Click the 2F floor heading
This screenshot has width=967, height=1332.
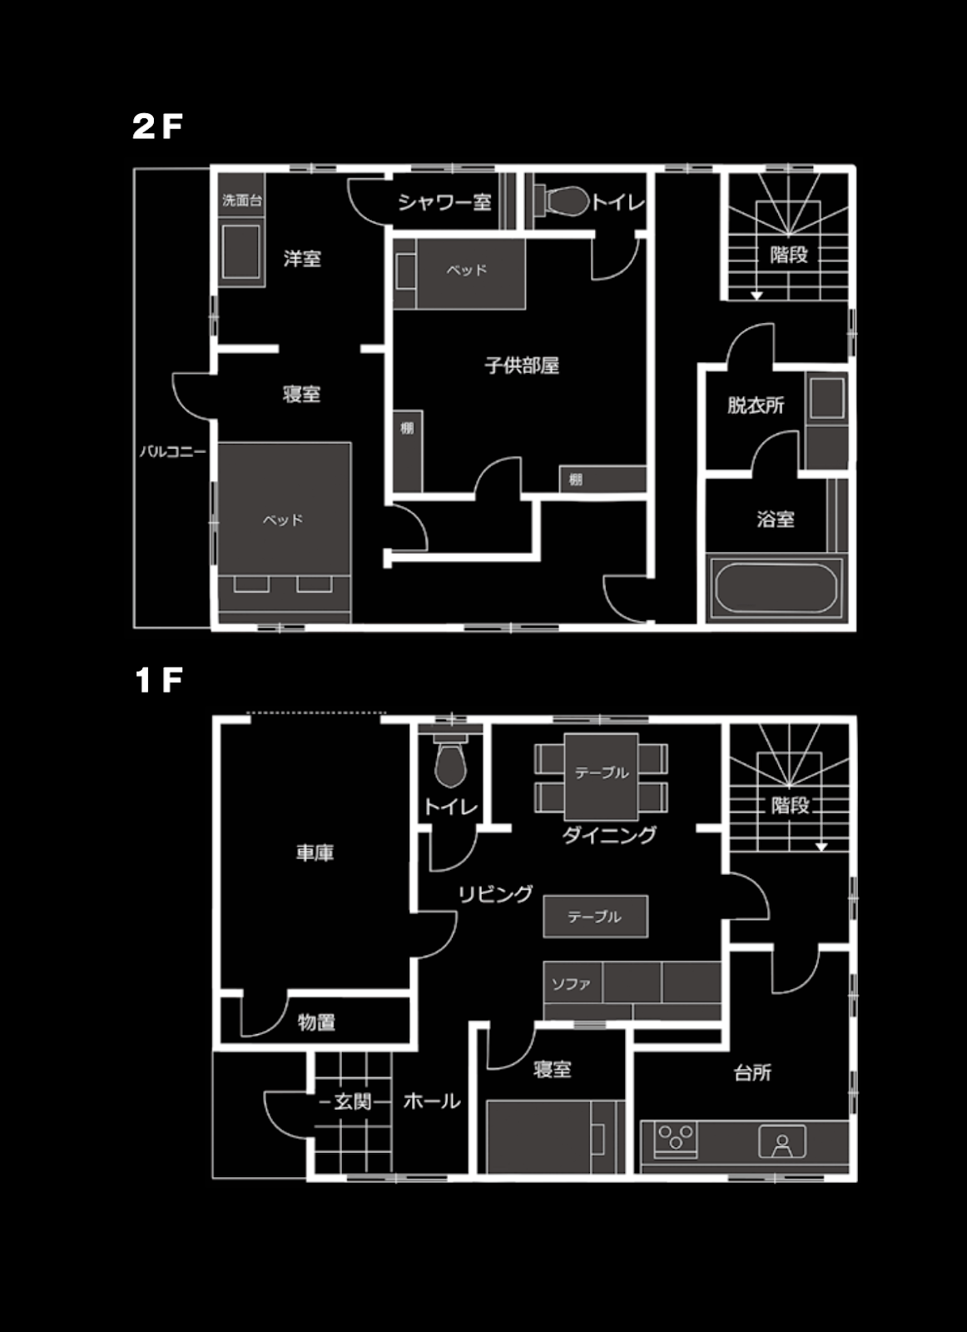click(x=157, y=126)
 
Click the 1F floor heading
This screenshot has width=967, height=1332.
click(x=158, y=679)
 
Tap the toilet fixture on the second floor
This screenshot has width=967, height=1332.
click(x=562, y=201)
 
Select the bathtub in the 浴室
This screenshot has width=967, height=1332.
click(x=776, y=587)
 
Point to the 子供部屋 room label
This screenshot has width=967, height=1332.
click(x=522, y=365)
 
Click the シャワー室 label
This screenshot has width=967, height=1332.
click(x=444, y=203)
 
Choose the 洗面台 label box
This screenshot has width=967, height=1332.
click(x=242, y=200)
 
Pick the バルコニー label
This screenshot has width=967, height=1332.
click(x=173, y=451)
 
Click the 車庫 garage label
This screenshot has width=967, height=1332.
click(x=315, y=852)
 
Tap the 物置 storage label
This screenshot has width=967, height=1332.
click(x=317, y=1021)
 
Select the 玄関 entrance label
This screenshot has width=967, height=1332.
click(x=353, y=1101)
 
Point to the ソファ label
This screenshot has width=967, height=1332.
click(x=571, y=983)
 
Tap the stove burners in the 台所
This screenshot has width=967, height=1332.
click(x=676, y=1138)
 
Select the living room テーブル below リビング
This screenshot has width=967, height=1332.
click(x=596, y=917)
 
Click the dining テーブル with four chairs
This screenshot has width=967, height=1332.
click(x=601, y=777)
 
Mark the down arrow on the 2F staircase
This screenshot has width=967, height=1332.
click(x=756, y=295)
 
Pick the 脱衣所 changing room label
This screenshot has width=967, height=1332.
click(x=756, y=405)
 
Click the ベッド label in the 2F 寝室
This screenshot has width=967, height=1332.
click(x=283, y=519)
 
